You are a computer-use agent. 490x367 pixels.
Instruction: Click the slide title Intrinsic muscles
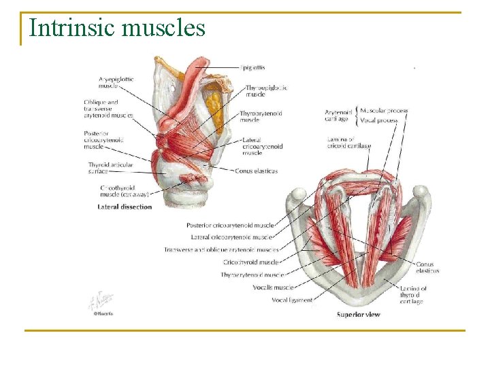(117, 28)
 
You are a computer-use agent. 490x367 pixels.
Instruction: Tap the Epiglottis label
(252, 67)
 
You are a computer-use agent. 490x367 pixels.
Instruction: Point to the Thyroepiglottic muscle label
(266, 91)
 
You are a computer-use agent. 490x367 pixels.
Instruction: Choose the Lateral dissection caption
(125, 207)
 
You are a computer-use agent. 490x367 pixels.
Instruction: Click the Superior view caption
(359, 315)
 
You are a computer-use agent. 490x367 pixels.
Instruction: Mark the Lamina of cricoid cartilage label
(348, 142)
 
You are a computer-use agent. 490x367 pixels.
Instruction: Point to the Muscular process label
(383, 110)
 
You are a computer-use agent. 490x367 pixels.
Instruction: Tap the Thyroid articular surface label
(110, 168)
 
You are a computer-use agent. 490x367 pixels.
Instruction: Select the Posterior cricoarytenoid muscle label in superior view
(230, 225)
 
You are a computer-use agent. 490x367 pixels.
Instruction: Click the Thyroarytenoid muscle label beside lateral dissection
(259, 116)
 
